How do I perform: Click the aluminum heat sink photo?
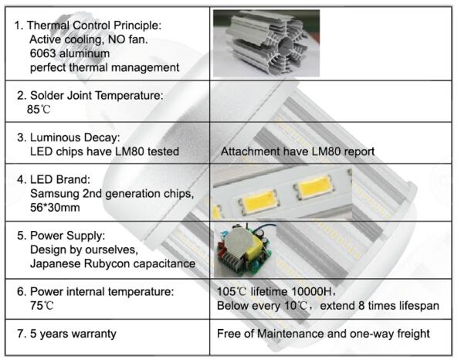coord(266,43)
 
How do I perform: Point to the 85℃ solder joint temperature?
coord(39,110)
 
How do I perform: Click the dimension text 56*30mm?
coord(55,207)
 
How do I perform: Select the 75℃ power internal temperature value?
coord(42,306)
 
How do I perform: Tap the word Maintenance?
coord(290,334)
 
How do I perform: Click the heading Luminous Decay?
coord(75,138)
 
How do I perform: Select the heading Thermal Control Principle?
coord(94,25)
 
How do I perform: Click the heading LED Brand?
coord(60,179)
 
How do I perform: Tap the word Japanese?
coord(56,263)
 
